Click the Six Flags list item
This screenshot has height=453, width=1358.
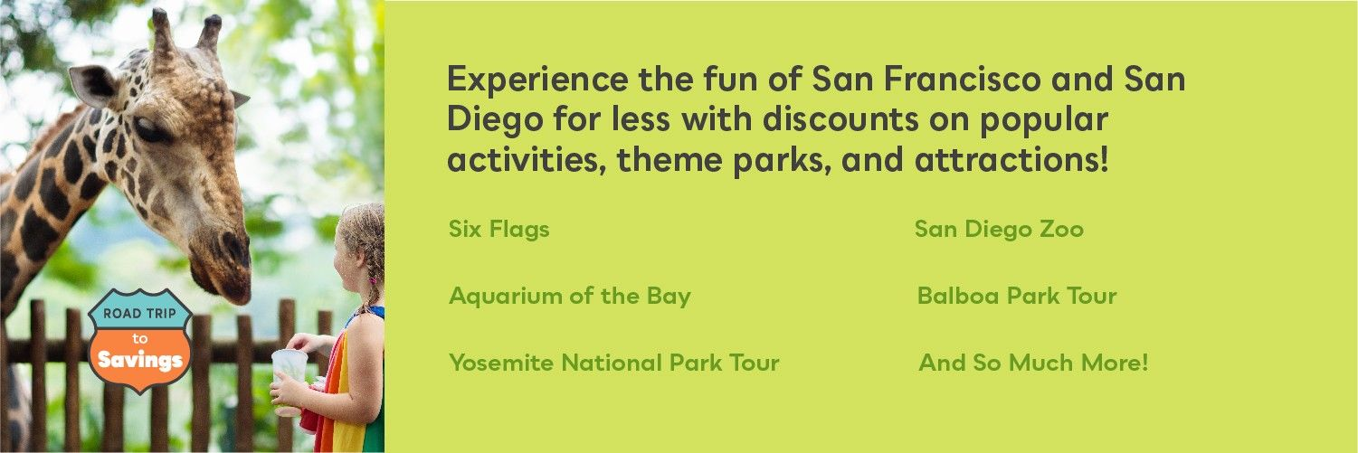click(499, 230)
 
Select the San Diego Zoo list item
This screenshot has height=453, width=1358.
click(999, 229)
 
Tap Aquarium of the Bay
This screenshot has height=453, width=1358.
click(570, 297)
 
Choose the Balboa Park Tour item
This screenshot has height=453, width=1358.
click(1017, 296)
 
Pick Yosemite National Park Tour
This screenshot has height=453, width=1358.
click(614, 363)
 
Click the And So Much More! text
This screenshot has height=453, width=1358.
click(1033, 363)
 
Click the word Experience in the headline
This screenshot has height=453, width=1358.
click(537, 80)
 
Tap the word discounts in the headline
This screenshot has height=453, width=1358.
click(840, 118)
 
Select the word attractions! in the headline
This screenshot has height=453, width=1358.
click(1011, 159)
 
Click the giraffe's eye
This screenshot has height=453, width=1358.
click(148, 128)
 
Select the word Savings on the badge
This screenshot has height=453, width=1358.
click(140, 360)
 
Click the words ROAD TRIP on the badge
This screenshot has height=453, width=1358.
click(139, 313)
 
